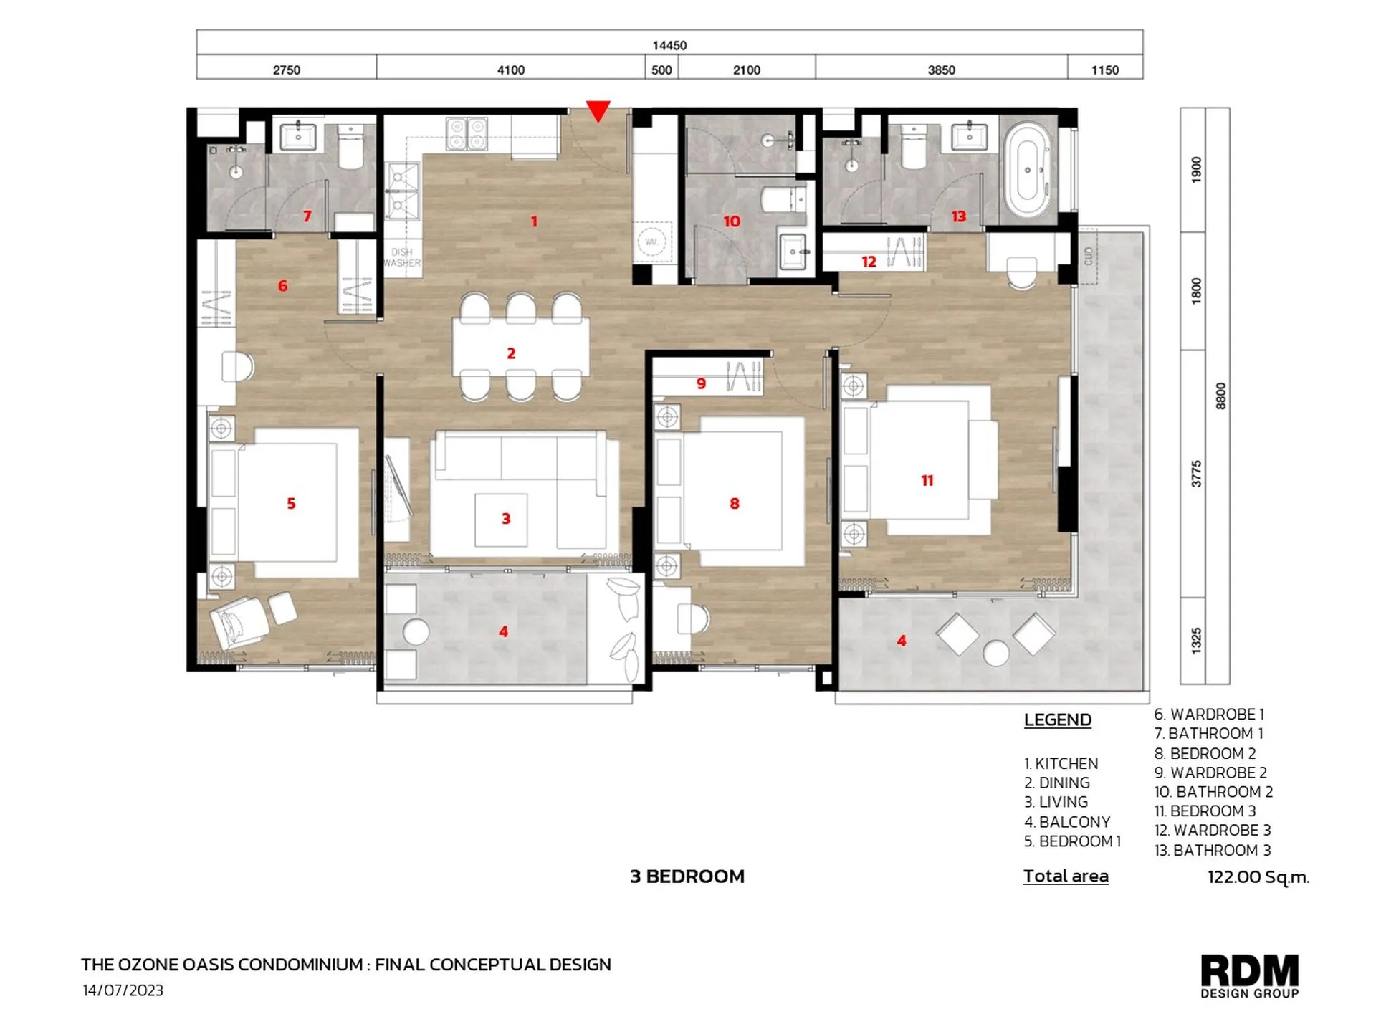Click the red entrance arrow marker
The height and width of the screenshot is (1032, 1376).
point(598,110)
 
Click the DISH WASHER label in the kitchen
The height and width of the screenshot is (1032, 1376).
point(402,257)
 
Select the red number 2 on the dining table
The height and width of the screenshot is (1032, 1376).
point(511,353)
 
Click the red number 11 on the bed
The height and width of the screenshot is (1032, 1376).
point(927,481)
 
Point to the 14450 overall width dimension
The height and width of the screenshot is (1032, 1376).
point(669,45)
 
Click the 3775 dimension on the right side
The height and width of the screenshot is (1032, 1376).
point(1196,474)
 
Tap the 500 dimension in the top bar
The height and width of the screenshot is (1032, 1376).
point(661,70)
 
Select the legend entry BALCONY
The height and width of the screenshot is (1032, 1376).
point(1067,822)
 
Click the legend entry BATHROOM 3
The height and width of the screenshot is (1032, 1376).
point(1213,850)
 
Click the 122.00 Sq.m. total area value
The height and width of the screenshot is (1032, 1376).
point(1258,877)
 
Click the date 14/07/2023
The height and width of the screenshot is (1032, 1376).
point(123,990)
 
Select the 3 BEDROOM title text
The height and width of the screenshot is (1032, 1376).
point(687,876)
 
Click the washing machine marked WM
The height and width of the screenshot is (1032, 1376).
point(651,242)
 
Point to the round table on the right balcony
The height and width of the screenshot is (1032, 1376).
point(996,652)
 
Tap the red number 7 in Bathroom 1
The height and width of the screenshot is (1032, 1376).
point(307,216)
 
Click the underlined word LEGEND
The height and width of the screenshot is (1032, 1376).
point(1057,720)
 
